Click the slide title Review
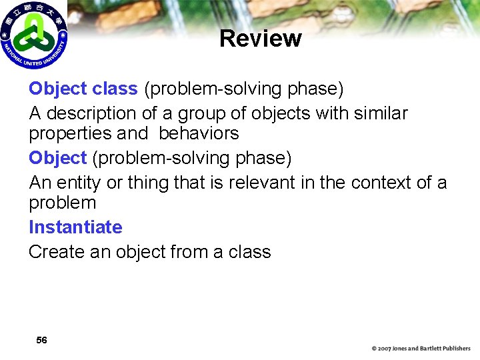(260, 39)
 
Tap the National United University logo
(33, 35)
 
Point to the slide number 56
(41, 340)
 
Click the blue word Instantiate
(75, 227)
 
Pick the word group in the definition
(193, 114)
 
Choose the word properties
(70, 134)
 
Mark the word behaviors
(198, 133)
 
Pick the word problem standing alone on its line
(62, 203)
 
